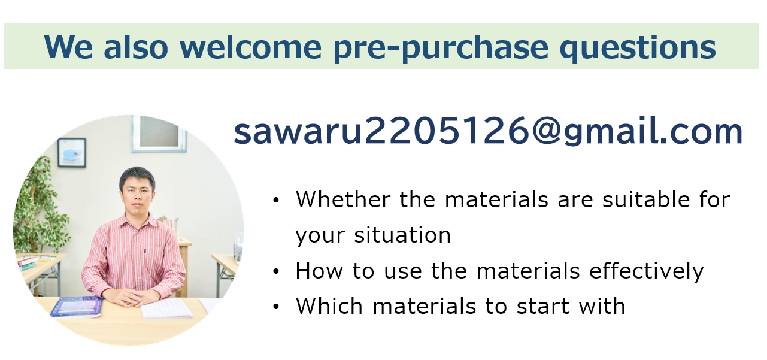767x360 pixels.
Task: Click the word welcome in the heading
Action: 250,47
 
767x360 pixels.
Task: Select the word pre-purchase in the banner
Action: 441,49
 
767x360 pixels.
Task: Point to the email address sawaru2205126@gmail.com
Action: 488,131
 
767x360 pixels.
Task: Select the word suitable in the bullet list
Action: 646,199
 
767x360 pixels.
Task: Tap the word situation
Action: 402,235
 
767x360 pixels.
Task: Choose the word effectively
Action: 646,271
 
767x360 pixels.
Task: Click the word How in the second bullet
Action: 319,271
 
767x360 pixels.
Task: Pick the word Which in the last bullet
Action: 329,306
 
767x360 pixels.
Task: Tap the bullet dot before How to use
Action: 276,271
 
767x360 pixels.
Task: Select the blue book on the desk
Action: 77,307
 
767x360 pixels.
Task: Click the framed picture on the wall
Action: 72,152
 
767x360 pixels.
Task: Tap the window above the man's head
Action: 159,134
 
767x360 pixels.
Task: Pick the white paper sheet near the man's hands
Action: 166,308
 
